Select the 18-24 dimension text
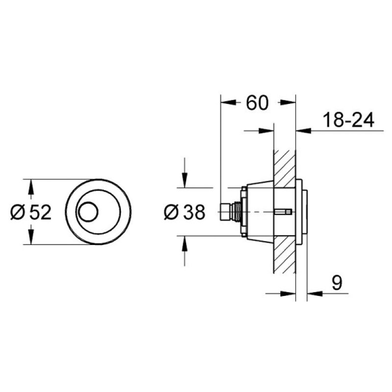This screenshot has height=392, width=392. click(348, 120)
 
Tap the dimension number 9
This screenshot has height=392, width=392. click(337, 283)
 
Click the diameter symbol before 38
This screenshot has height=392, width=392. click(171, 213)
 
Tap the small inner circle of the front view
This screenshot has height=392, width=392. click(89, 212)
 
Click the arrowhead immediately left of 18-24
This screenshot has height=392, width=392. click(302, 130)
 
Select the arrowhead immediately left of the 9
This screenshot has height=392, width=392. click(312, 294)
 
